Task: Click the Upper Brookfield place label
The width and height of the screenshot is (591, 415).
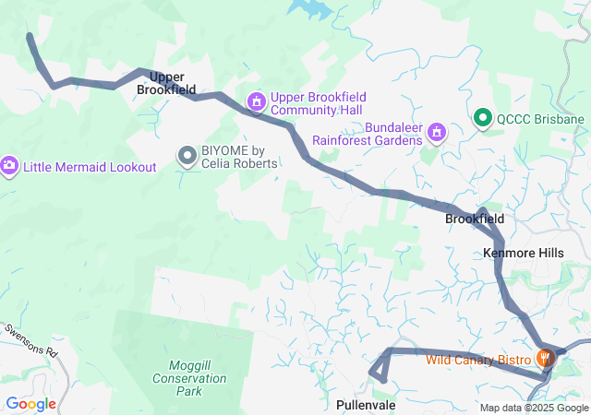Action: point(166,83)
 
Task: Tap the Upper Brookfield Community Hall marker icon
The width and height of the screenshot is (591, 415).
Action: point(256,101)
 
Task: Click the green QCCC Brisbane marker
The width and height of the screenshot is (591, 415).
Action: point(482,119)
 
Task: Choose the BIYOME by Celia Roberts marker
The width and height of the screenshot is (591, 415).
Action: point(188,156)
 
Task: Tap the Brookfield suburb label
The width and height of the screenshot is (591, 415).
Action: point(475,219)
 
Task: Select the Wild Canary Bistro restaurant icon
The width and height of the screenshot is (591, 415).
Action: point(546,358)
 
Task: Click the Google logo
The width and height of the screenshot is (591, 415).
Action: point(30,404)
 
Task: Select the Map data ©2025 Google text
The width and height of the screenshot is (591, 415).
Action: point(533,408)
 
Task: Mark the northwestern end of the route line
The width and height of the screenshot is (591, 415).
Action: point(30,37)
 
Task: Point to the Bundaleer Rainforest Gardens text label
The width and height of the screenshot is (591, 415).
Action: point(368,135)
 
